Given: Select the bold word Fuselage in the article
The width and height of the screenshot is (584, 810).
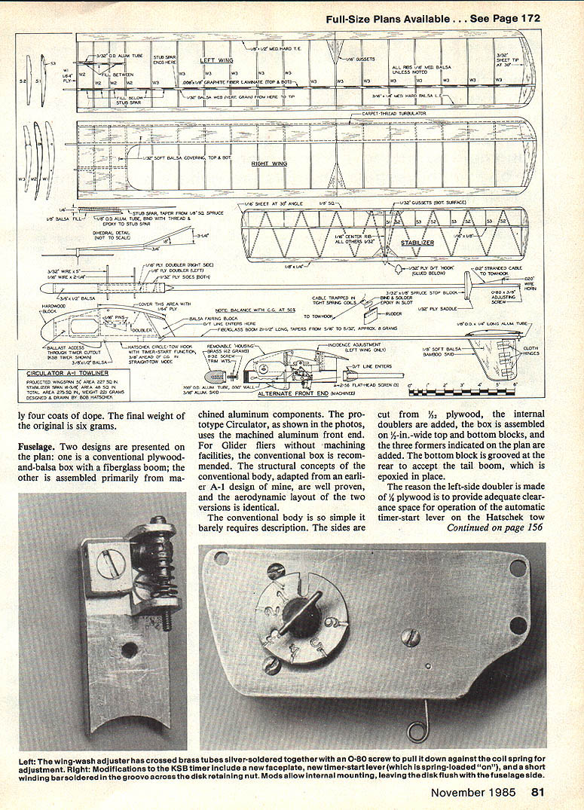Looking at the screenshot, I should click(40, 447).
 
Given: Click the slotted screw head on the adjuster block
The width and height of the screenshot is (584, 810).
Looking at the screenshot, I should click(109, 561).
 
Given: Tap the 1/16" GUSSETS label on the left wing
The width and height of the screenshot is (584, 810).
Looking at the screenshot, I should click(361, 58).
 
